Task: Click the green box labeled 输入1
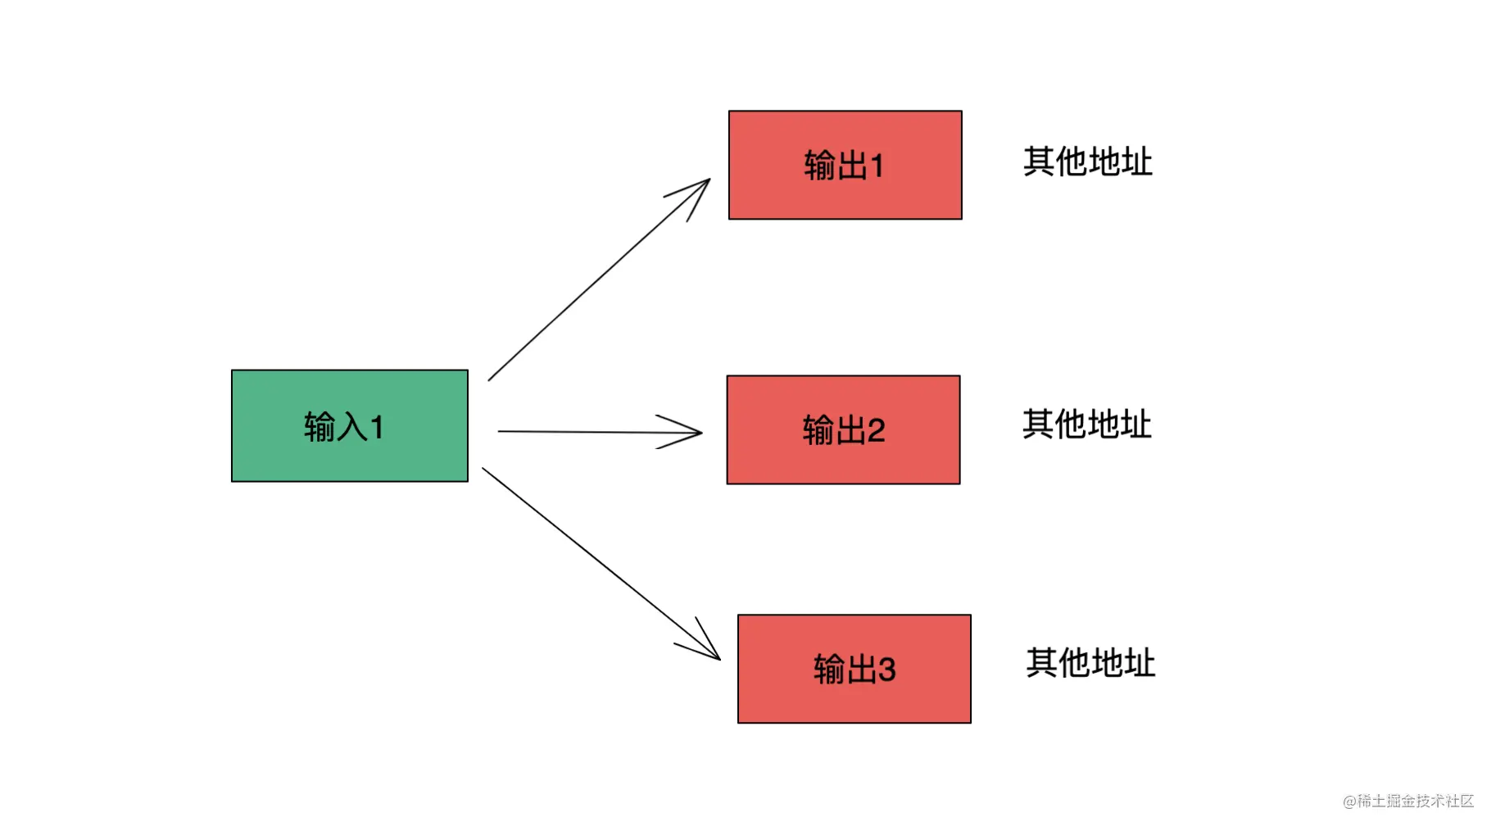click(350, 425)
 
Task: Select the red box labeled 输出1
click(845, 165)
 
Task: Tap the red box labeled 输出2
click(844, 429)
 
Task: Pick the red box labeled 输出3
click(855, 669)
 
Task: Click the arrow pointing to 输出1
click(599, 279)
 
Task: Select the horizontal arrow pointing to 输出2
click(601, 432)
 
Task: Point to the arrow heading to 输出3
click(601, 564)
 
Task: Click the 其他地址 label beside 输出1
click(1088, 161)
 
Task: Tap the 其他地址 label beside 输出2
click(1087, 424)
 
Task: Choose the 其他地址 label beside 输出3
click(1090, 662)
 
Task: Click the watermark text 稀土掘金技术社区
click(1416, 801)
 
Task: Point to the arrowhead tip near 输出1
click(710, 179)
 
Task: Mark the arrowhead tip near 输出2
click(702, 433)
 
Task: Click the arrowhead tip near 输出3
click(720, 660)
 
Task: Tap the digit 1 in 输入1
click(377, 427)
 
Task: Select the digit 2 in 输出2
click(877, 430)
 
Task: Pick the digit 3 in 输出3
click(887, 670)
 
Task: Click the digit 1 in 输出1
click(877, 166)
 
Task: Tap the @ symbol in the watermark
click(1349, 801)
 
